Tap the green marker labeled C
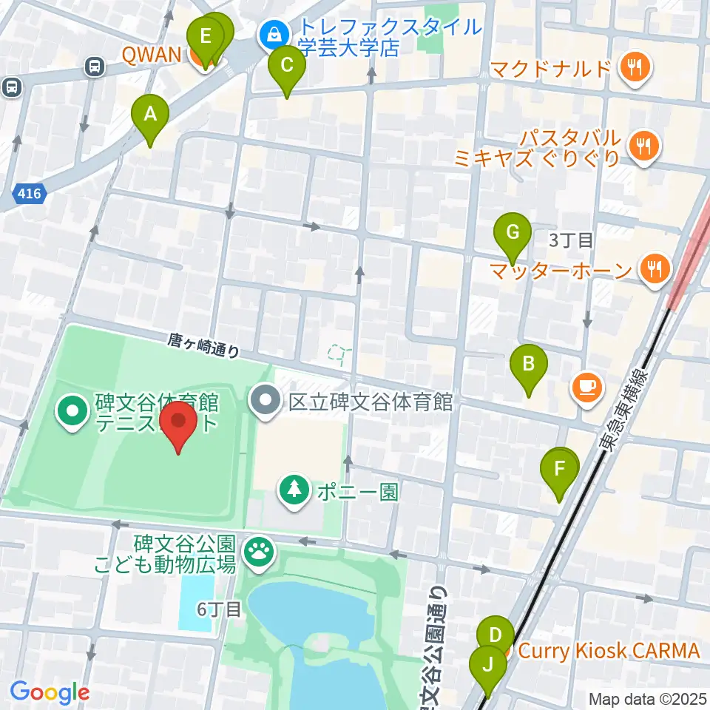tap(286, 67)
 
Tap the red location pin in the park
tap(178, 424)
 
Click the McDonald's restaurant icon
tap(635, 69)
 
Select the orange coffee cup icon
tap(588, 386)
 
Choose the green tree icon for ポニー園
tap(294, 491)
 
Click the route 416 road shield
tap(30, 195)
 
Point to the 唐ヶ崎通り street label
tap(204, 345)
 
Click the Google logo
tap(50, 693)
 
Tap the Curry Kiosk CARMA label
tap(608, 652)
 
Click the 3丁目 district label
tap(571, 240)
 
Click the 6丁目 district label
tap(219, 609)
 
